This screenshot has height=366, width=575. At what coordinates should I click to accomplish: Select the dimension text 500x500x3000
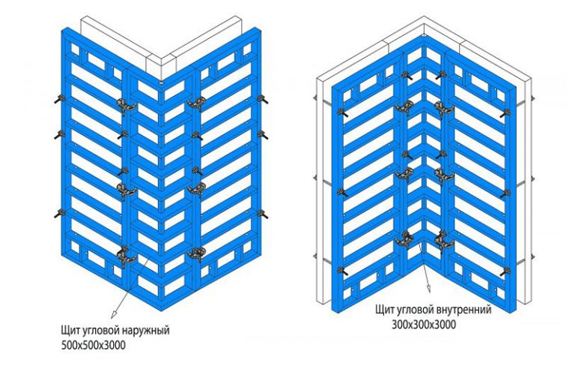click(x=93, y=346)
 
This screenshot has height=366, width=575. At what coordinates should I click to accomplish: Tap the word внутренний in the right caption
click(x=464, y=310)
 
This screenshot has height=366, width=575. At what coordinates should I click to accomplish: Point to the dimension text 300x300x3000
click(x=424, y=325)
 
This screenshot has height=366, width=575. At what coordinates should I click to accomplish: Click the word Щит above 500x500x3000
click(x=70, y=330)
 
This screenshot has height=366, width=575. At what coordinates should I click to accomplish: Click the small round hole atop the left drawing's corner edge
click(x=162, y=84)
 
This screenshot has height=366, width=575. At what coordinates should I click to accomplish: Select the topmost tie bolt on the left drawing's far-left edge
click(x=59, y=99)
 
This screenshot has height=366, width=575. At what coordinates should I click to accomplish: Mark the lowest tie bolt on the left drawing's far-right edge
click(x=263, y=214)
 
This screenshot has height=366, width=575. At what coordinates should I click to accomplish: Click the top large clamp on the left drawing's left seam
click(x=126, y=104)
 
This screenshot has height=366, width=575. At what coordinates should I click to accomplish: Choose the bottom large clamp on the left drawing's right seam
click(x=196, y=253)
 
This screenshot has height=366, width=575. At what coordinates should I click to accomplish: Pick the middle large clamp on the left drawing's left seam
click(x=126, y=190)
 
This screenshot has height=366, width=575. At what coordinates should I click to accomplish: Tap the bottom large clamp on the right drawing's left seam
click(x=404, y=238)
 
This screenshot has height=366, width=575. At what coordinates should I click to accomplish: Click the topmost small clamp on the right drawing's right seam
click(x=441, y=76)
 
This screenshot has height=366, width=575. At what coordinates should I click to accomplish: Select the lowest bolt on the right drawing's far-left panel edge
click(x=342, y=272)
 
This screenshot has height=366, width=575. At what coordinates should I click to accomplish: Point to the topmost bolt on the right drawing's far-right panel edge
click(x=505, y=113)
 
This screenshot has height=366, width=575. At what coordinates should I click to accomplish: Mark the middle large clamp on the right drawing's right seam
click(x=444, y=173)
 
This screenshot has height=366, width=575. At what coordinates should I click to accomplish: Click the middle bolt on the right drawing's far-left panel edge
click(x=342, y=192)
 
